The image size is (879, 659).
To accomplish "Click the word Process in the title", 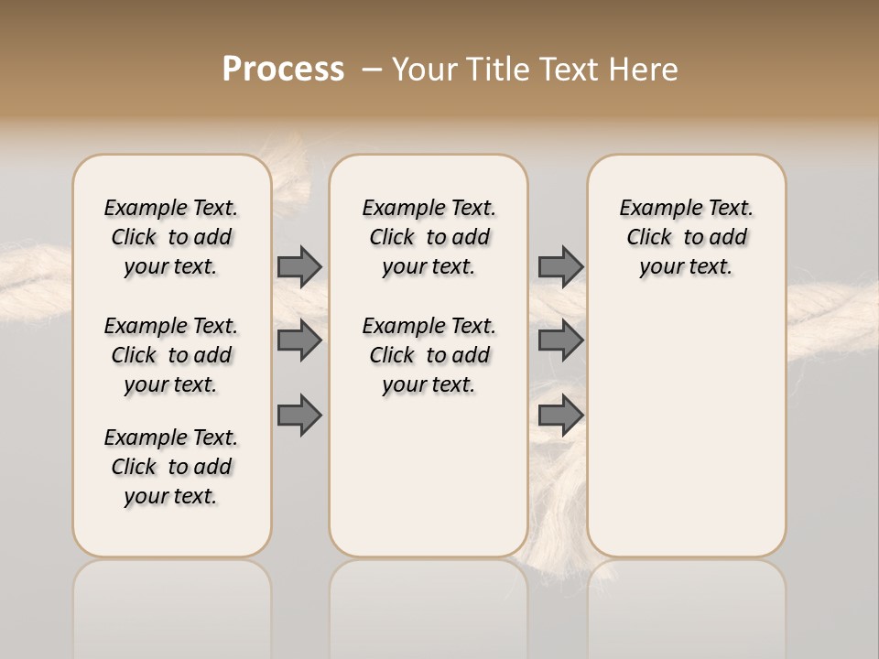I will [x=283, y=70].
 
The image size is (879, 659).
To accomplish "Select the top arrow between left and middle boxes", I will [x=299, y=266].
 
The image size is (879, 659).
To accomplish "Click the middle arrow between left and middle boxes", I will [x=299, y=340].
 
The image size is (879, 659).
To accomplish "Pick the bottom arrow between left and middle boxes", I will [x=299, y=416].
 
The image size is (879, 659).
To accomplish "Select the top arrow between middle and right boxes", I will [x=560, y=266].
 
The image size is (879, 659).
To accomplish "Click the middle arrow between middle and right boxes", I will [x=560, y=340].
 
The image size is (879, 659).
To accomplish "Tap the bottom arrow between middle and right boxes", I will [x=560, y=416].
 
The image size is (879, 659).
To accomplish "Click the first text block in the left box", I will [x=171, y=237].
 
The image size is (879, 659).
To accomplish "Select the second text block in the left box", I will [x=171, y=355].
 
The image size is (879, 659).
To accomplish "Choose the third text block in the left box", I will [x=171, y=467].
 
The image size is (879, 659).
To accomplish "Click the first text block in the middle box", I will [x=429, y=237].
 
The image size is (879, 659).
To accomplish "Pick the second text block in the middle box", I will [x=429, y=355].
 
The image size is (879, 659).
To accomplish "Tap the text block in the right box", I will [x=686, y=237].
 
